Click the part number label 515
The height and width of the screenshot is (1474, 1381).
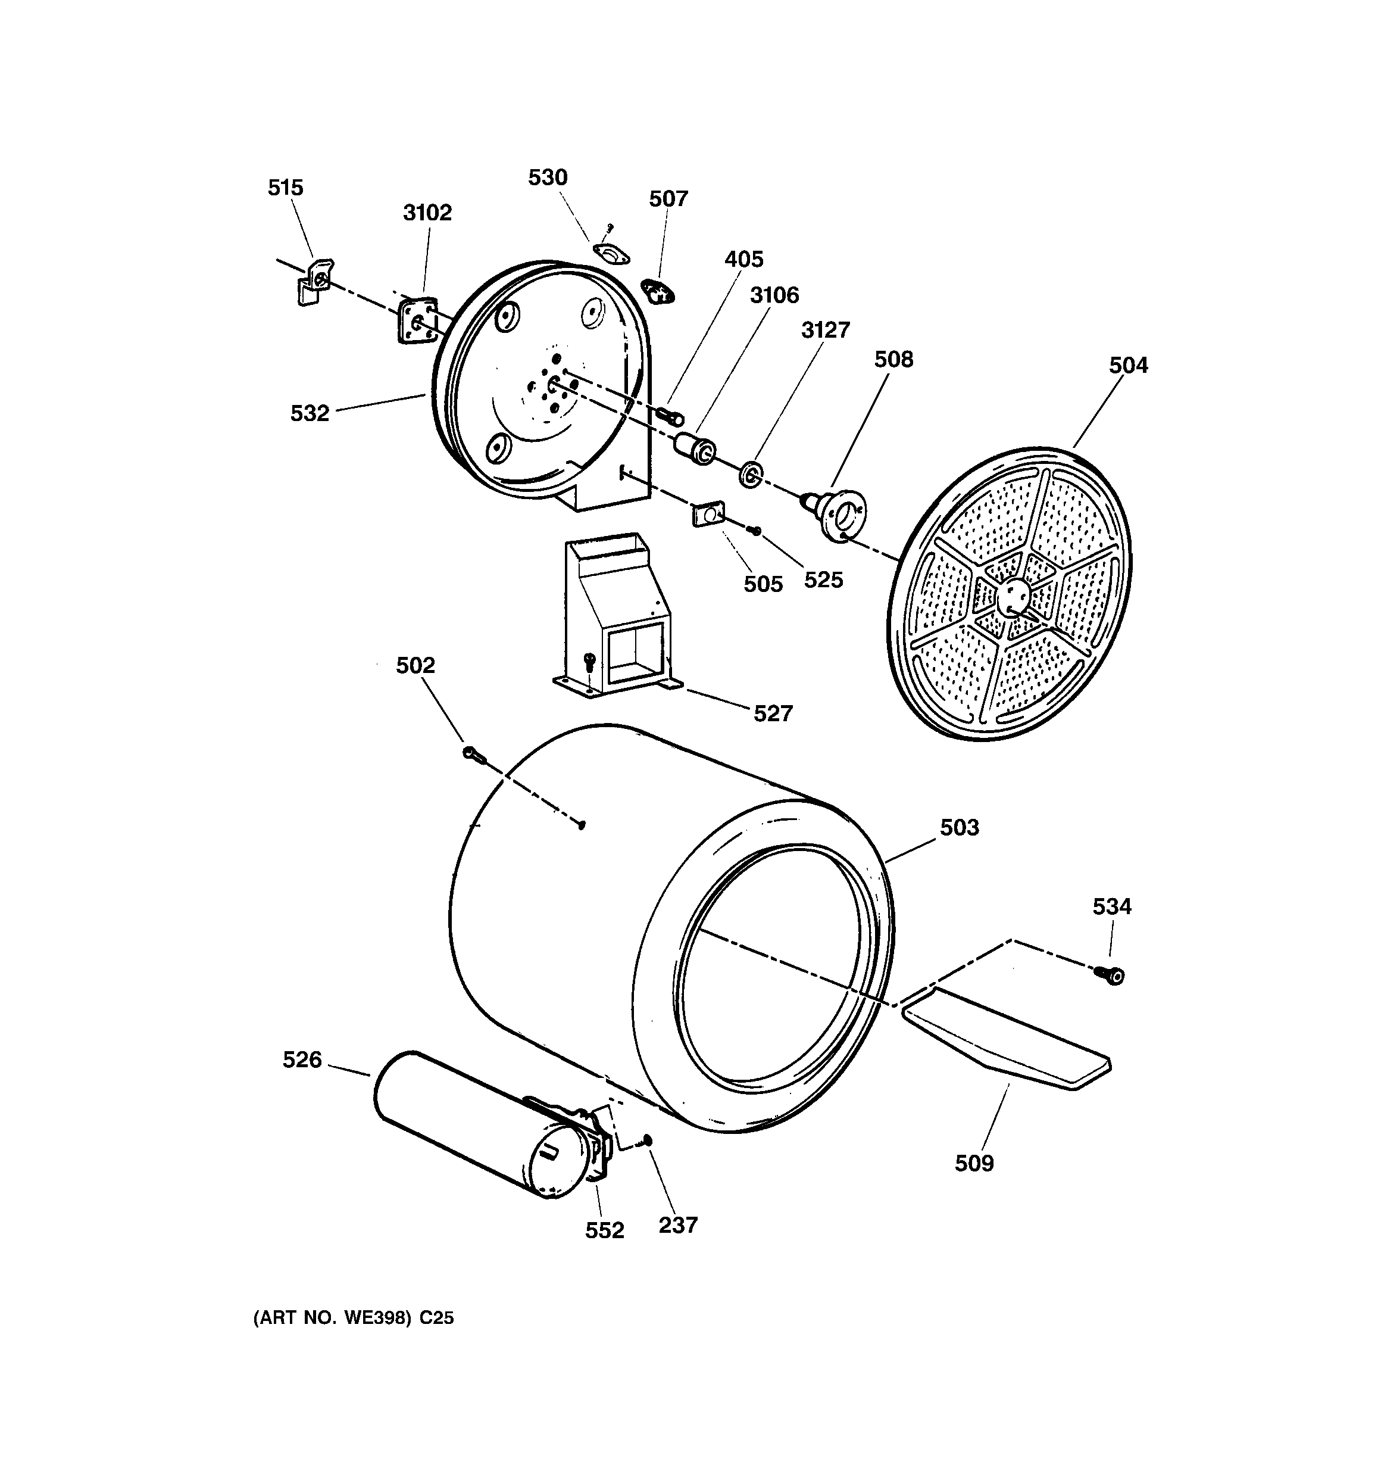coord(285,188)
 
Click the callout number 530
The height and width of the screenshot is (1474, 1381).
coord(548,177)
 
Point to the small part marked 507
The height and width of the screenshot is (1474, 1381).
coord(657,291)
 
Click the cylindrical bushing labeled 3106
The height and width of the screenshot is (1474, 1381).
coord(695,448)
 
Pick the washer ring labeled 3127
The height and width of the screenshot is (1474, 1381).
coord(751,475)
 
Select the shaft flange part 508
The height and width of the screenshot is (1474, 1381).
coord(838,512)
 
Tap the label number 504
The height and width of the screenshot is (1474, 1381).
coord(1127,366)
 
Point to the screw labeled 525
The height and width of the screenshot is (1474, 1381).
coord(755,530)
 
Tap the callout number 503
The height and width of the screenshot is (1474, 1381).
coord(959,827)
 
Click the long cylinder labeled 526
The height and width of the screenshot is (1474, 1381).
coord(467,1119)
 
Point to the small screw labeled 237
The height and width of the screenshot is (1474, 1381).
coord(648,1140)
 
